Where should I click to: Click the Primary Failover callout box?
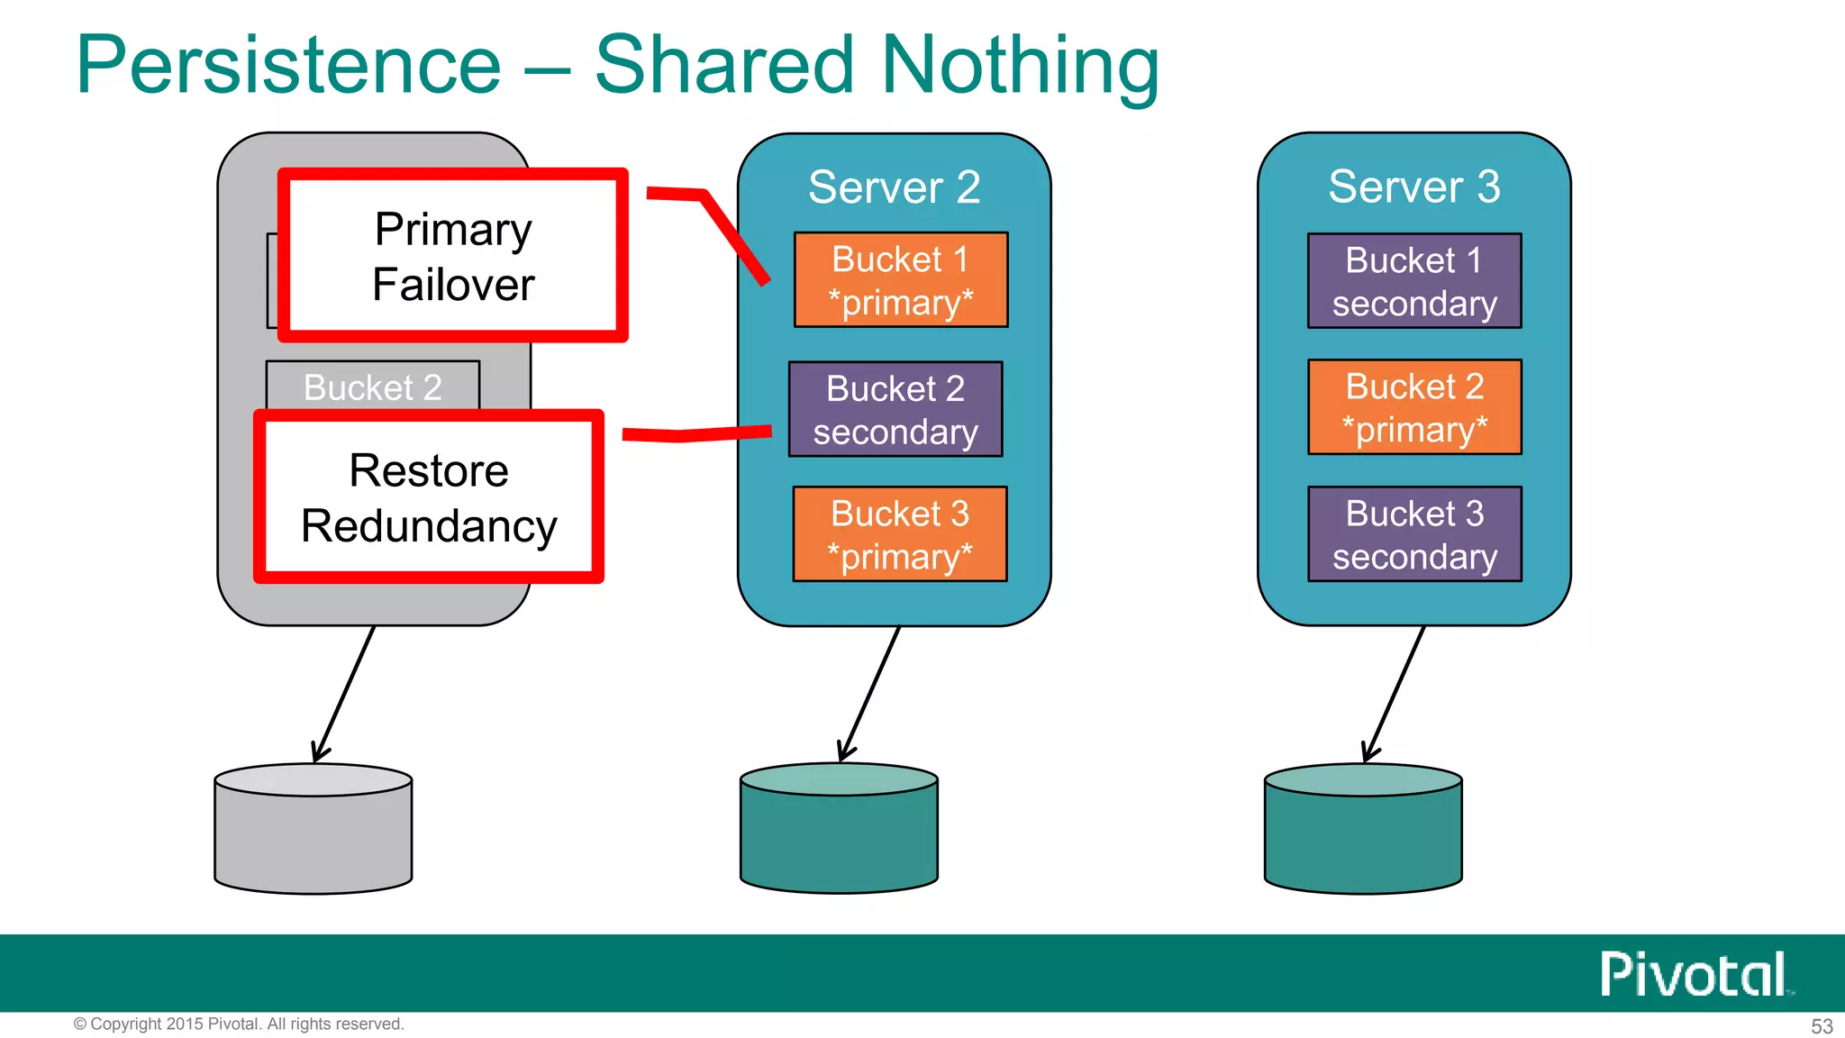coord(452,256)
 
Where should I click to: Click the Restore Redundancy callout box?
coord(429,497)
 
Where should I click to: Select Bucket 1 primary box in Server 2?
coord(900,280)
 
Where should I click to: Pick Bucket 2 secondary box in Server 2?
coord(895,410)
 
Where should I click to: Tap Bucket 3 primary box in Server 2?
coord(899,534)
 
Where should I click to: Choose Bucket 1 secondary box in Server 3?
coord(1414,281)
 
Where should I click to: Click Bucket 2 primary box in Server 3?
coord(1414,407)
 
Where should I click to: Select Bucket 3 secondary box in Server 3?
coord(1414,534)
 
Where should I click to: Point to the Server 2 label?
coord(894,187)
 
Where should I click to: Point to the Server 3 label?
coord(1414,187)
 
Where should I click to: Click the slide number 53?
coord(1822,1026)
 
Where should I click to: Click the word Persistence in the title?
coord(288,65)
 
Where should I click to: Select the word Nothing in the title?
coord(1020,65)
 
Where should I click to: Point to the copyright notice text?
coord(239,1024)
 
